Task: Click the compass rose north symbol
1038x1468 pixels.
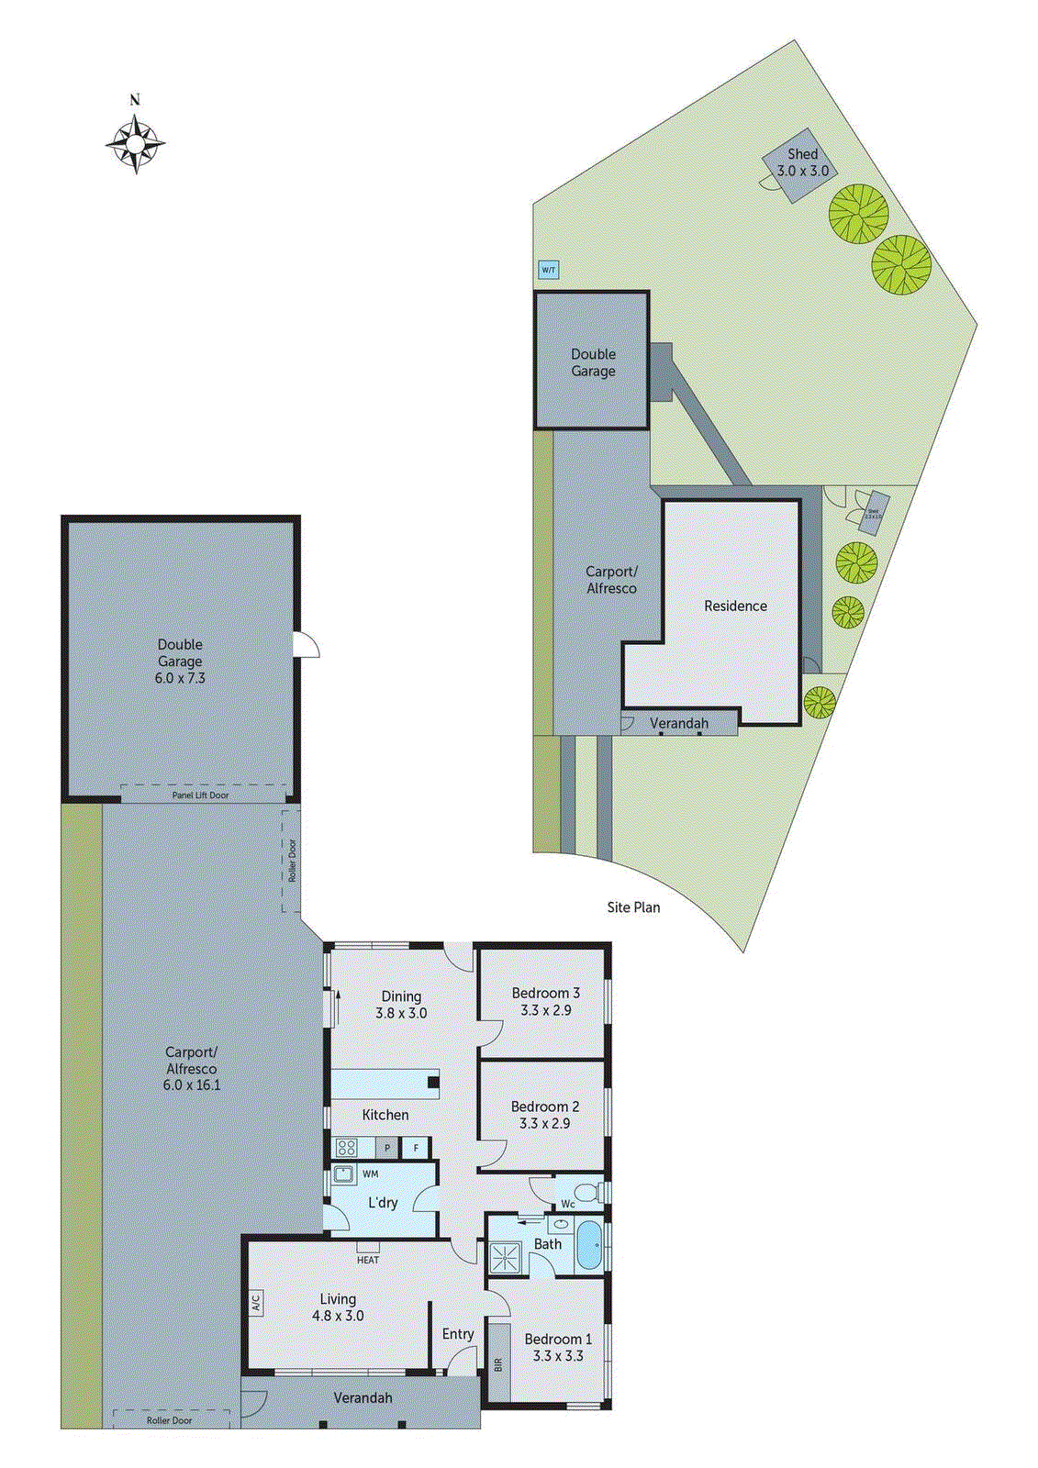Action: click(x=135, y=142)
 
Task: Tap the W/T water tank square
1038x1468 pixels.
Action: click(x=548, y=270)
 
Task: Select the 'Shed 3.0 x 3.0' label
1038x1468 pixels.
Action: click(x=802, y=162)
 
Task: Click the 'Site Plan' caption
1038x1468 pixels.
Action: click(x=633, y=906)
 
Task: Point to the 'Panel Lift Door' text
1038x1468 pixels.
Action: click(x=200, y=795)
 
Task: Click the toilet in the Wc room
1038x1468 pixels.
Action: click(x=598, y=1192)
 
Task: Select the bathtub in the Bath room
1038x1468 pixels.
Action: click(x=587, y=1245)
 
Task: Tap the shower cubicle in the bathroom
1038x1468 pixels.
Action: click(x=504, y=1257)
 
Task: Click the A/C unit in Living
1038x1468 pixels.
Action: click(x=256, y=1302)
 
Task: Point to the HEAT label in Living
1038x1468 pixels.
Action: click(x=368, y=1260)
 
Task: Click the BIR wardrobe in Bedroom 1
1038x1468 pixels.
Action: click(x=498, y=1362)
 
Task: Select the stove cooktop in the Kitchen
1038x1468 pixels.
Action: click(x=346, y=1147)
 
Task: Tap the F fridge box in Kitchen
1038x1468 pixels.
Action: click(x=416, y=1148)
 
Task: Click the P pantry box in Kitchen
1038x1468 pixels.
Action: click(x=388, y=1148)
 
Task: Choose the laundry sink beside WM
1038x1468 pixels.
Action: click(x=343, y=1174)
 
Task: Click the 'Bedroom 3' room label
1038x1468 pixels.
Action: click(x=545, y=993)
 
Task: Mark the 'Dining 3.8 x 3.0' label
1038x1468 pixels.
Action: click(x=401, y=1005)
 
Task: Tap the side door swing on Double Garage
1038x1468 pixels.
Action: click(x=306, y=644)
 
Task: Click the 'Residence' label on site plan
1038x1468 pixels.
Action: click(x=735, y=606)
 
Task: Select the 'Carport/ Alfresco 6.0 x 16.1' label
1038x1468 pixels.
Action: click(x=192, y=1068)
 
